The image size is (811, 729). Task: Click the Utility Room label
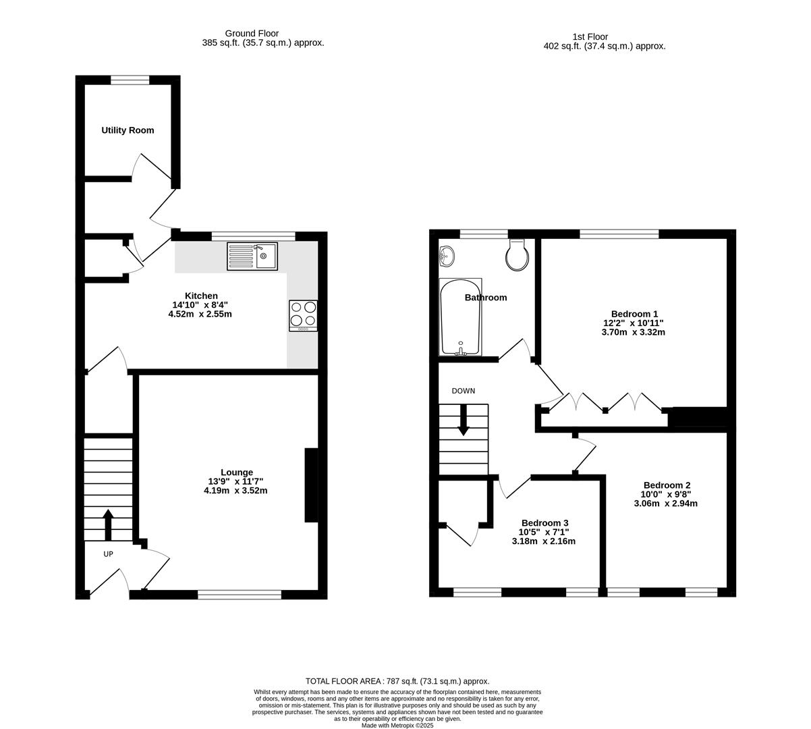(x=128, y=130)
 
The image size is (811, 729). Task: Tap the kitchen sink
(x=252, y=256)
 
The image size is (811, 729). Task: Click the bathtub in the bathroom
(x=459, y=317)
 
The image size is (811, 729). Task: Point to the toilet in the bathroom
(x=518, y=254)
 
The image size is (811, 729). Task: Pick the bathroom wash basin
(x=447, y=255)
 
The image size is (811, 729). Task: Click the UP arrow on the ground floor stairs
(x=108, y=524)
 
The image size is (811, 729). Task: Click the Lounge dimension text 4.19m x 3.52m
(x=235, y=491)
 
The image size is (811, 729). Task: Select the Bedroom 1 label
(x=634, y=314)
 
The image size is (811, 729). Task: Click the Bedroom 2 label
(x=666, y=485)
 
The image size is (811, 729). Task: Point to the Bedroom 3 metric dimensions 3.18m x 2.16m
(x=544, y=541)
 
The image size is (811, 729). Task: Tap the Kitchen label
(x=201, y=296)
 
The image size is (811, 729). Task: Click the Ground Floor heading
(x=252, y=33)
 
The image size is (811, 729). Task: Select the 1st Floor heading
(x=590, y=37)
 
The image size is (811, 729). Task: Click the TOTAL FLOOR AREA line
(x=397, y=681)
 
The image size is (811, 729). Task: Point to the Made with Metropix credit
(x=397, y=726)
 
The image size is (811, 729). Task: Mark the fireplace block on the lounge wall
(x=311, y=485)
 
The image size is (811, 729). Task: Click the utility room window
(x=130, y=80)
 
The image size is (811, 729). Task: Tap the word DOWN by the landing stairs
(x=464, y=391)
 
